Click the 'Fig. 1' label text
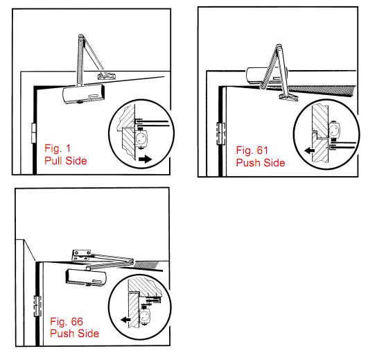click(58, 148)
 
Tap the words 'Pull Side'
click(66, 160)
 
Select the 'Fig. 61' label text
click(252, 150)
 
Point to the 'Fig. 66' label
click(67, 321)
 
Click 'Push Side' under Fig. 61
click(261, 163)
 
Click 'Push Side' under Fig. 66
click(75, 333)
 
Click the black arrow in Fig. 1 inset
click(146, 159)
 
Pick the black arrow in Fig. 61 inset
click(310, 151)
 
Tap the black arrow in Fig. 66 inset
click(125, 320)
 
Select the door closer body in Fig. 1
click(84, 94)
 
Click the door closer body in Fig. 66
click(86, 277)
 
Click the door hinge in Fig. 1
click(34, 133)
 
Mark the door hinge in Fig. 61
click(220, 134)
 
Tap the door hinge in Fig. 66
click(37, 306)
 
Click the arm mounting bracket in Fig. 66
click(82, 255)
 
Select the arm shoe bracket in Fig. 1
click(107, 76)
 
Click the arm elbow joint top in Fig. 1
click(82, 37)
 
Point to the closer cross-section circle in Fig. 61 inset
click(335, 130)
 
